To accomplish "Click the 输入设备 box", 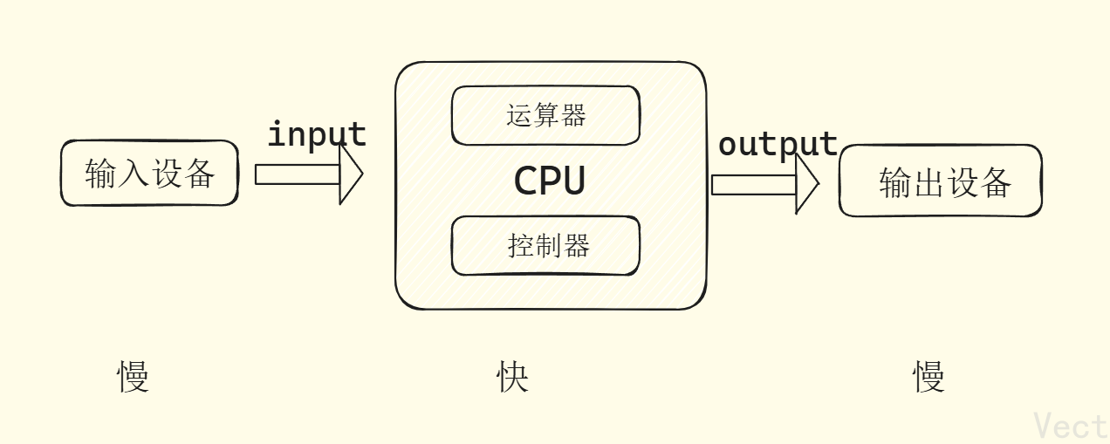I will (149, 174).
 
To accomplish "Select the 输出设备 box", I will (940, 181).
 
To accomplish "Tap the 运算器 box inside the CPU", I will (545, 115).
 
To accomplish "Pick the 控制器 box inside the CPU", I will (545, 245).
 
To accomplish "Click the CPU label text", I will (549, 181).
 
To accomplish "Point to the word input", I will (316, 134).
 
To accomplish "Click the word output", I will (777, 144).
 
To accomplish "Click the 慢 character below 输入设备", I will (134, 377).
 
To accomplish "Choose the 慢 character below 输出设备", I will (928, 377).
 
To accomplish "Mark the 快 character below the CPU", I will (512, 377).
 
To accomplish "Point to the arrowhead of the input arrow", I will (351, 174).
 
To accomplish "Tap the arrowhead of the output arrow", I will (807, 184).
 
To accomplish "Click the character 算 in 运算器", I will (546, 115).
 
